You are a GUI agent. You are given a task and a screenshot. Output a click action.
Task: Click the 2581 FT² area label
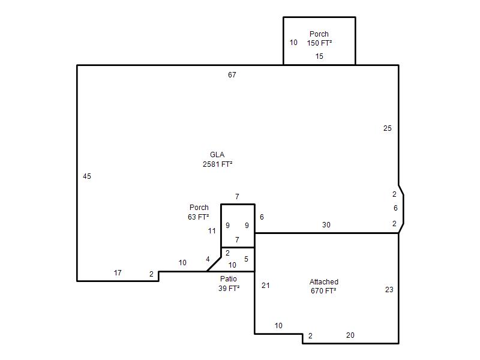[217, 164]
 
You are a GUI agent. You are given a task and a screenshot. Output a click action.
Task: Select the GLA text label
[217, 155]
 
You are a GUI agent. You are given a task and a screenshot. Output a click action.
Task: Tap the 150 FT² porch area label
[319, 43]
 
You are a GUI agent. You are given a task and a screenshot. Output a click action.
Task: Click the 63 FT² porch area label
[199, 217]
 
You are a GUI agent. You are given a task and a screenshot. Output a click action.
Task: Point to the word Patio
[229, 279]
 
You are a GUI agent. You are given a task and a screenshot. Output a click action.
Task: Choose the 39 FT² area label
[229, 289]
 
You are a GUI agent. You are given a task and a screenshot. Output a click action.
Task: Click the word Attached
[324, 281]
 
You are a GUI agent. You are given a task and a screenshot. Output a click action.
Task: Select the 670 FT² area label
[323, 291]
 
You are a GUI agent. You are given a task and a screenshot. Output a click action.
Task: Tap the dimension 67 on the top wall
[232, 74]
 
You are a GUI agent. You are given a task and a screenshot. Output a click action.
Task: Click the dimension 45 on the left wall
[87, 176]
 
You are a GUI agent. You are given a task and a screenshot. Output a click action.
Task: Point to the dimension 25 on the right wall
[387, 128]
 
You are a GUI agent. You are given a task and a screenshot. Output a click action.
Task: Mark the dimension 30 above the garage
[326, 225]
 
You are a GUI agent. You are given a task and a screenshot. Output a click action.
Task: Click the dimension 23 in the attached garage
[389, 290]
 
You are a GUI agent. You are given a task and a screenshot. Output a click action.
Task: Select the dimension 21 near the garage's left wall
[266, 286]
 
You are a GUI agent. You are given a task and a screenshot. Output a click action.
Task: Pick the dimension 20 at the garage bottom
[350, 335]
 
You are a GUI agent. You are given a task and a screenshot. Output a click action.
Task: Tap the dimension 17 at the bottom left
[118, 273]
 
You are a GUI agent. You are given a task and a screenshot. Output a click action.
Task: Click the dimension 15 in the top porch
[319, 56]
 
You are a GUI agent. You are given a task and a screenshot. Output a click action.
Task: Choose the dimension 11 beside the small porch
[212, 231]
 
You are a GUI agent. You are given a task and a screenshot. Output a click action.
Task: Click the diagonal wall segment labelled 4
[214, 264]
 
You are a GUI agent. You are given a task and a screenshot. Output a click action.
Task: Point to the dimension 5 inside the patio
[246, 259]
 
